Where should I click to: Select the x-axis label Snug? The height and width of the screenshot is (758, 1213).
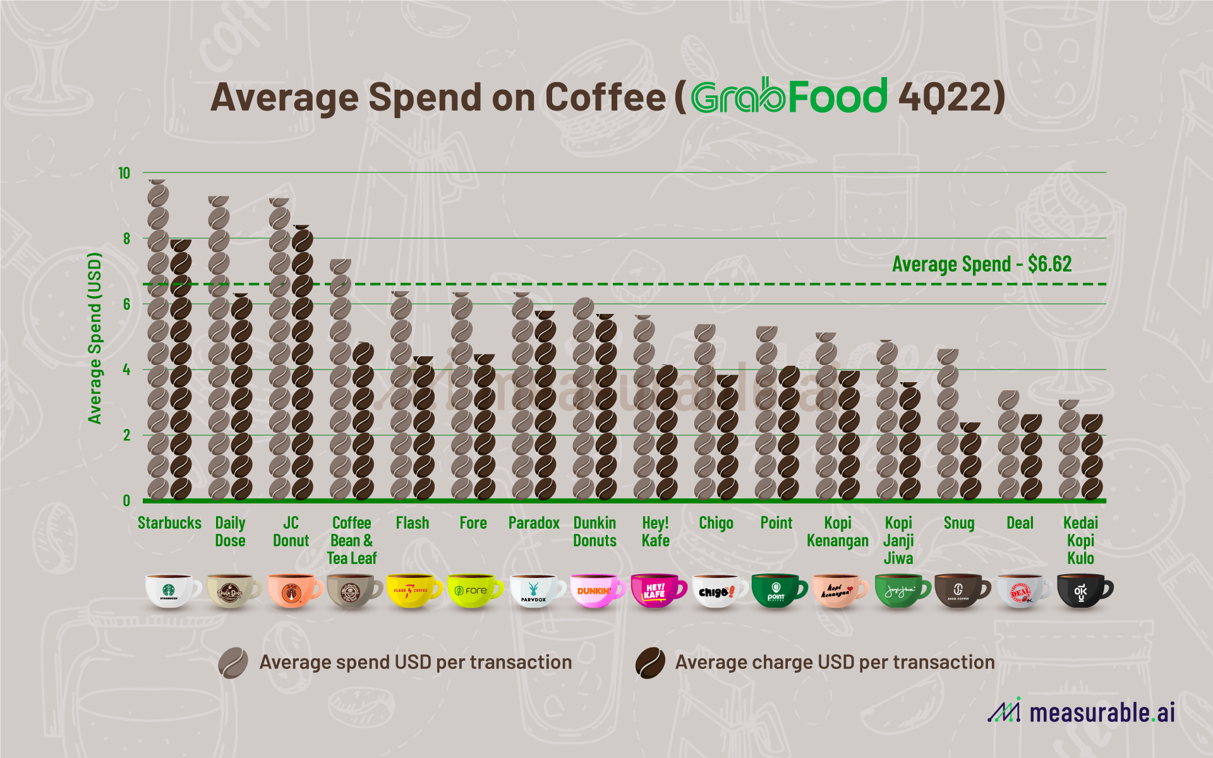point(958,523)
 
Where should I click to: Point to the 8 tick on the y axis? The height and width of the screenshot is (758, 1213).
point(127,239)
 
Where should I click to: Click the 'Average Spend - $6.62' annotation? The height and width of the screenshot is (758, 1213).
point(981,264)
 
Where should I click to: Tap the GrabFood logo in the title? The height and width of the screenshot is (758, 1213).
point(789,97)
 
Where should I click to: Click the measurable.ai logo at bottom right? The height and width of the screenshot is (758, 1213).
point(1081,712)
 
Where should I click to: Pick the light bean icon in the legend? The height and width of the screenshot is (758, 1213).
point(232,663)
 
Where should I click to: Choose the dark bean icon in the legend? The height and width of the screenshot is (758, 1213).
point(650,663)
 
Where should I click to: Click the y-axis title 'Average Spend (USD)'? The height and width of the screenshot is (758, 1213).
point(95,338)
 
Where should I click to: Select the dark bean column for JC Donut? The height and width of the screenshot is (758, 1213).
point(302,363)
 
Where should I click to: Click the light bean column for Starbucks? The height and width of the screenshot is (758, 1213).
point(158,341)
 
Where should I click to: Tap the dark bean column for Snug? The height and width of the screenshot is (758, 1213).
point(970,461)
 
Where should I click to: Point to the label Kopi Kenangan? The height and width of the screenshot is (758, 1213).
point(837,532)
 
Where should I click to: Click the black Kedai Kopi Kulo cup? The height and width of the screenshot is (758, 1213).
point(1082,591)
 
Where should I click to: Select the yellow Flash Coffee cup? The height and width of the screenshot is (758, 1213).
point(411,591)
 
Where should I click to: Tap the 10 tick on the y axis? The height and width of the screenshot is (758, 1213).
point(124,173)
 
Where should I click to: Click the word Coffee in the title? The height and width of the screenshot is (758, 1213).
point(605,98)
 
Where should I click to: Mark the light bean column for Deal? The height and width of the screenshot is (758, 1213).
point(1008,445)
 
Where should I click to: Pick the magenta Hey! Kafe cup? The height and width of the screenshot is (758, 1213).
point(655,591)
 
